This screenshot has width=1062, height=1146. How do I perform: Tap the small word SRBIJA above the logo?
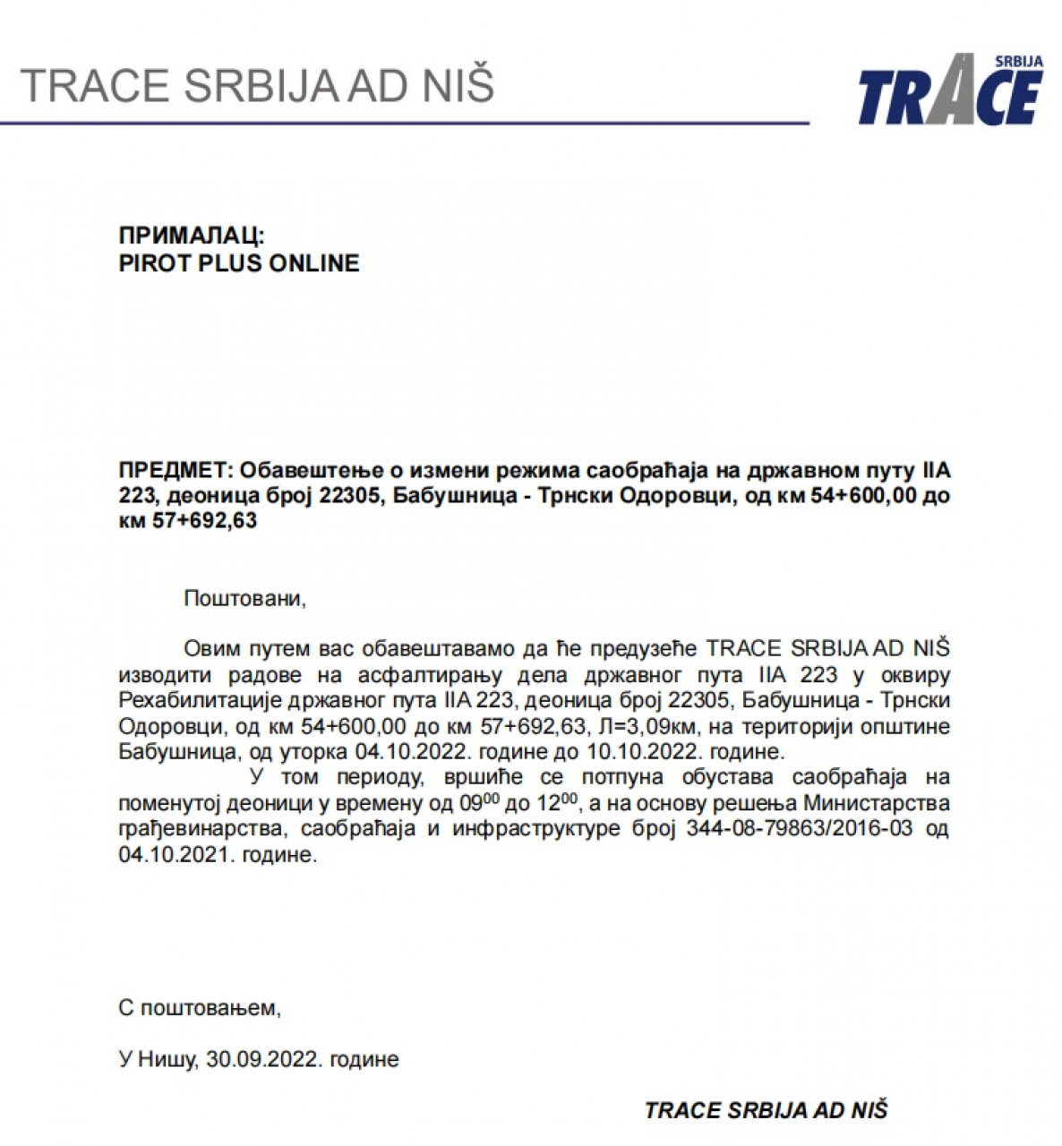click(1018, 62)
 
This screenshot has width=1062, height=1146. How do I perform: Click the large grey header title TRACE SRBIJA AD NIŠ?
click(257, 85)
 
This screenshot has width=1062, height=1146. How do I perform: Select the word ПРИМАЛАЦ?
click(192, 235)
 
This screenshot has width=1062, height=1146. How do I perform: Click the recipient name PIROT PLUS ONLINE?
click(239, 263)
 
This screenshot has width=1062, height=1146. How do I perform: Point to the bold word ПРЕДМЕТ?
click(176, 470)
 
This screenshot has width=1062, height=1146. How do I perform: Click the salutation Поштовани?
click(244, 598)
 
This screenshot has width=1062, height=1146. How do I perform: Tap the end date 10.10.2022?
click(642, 750)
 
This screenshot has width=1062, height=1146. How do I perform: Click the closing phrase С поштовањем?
click(200, 1008)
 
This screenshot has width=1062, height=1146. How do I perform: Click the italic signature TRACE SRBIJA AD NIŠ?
click(766, 1111)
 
